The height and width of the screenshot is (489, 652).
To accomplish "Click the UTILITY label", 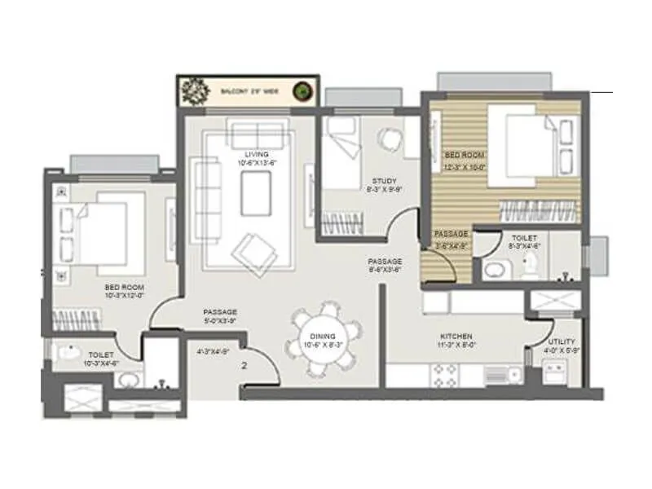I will (562, 341).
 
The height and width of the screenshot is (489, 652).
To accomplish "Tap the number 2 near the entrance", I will (244, 365).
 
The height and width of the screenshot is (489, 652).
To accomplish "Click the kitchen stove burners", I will (446, 374).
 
